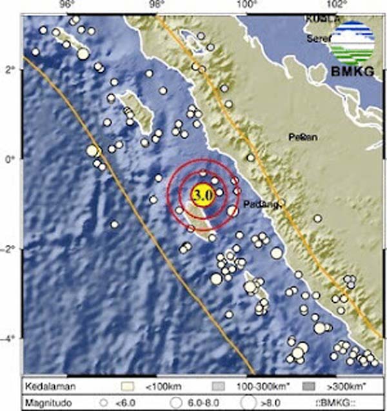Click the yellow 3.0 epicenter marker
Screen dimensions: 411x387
tap(203, 193)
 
